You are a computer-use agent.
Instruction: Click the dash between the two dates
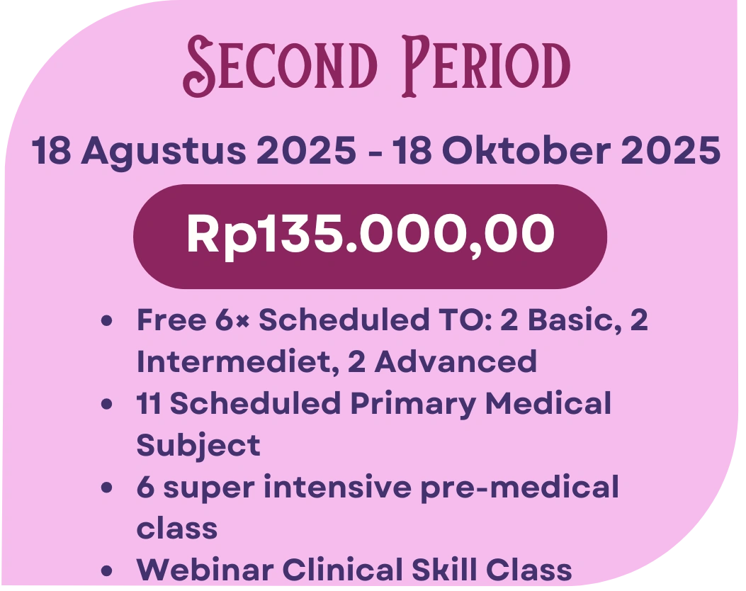click(x=375, y=153)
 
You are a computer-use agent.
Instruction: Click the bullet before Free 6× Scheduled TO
click(x=107, y=321)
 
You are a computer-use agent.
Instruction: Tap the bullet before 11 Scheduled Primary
click(x=107, y=405)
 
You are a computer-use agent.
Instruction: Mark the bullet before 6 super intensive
click(x=107, y=488)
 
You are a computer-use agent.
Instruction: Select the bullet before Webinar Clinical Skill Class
click(x=107, y=570)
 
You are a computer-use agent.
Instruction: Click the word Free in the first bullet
click(x=171, y=320)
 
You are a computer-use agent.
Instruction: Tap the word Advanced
click(x=456, y=361)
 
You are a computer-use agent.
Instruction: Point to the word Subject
click(x=198, y=446)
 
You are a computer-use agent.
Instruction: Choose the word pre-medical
click(x=519, y=488)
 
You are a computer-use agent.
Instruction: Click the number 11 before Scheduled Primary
click(x=149, y=403)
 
